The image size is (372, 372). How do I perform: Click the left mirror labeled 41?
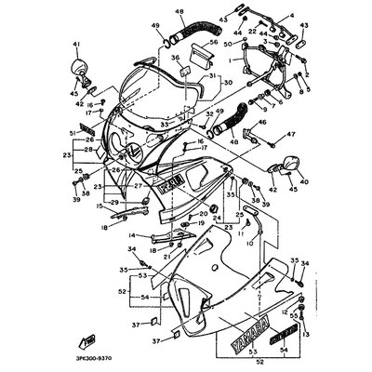77,69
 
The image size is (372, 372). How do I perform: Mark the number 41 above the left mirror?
76,44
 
